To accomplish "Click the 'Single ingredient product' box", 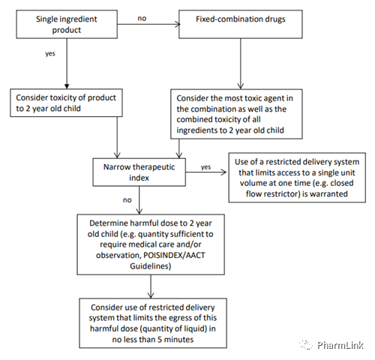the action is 67,24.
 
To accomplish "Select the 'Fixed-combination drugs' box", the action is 241,24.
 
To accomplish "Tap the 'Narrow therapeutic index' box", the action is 139,172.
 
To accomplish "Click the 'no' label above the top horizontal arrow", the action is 142,18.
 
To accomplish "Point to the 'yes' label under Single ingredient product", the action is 50,53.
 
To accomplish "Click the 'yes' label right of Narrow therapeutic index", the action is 205,166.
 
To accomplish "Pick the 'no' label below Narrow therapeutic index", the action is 127,200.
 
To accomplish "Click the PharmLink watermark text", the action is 340,345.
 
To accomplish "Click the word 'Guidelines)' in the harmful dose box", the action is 151,266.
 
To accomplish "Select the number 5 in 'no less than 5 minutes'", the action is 159,340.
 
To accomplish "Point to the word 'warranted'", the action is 328,193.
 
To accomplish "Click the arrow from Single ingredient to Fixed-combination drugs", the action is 148,24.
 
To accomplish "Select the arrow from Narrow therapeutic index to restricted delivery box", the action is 206,172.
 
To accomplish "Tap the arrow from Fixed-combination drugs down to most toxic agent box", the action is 241,64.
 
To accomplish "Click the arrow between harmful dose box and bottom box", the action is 151,286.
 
